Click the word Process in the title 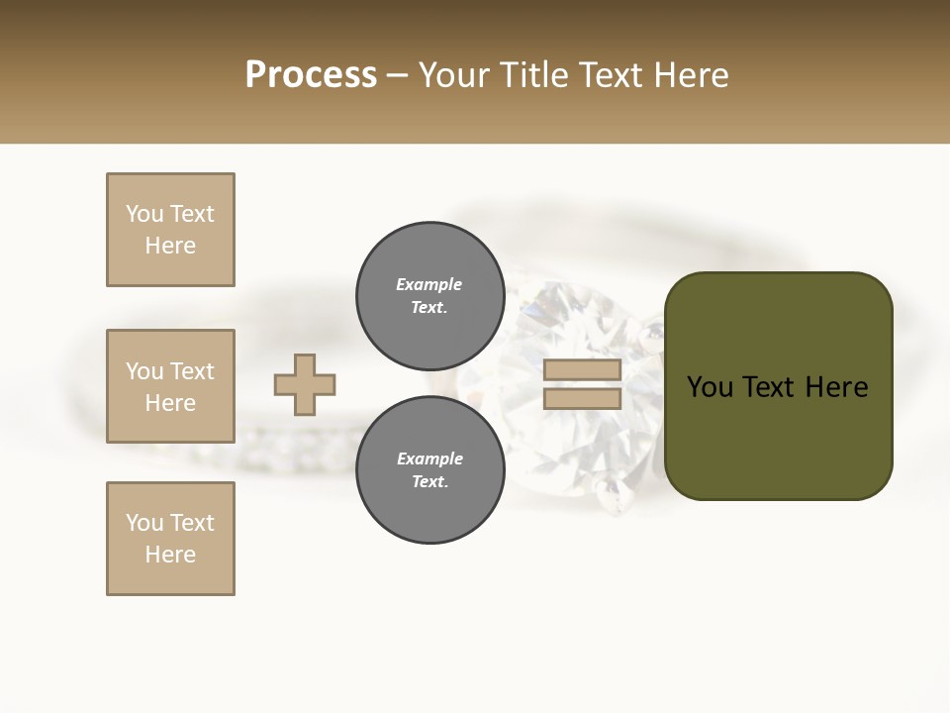[311, 75]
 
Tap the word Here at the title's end [690, 75]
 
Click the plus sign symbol [305, 384]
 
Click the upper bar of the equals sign [582, 370]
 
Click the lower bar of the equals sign [582, 399]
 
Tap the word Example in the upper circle [429, 284]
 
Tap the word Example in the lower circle [429, 458]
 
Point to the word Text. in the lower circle [429, 482]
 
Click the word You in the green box [711, 387]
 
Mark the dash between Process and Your [398, 76]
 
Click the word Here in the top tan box [170, 246]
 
